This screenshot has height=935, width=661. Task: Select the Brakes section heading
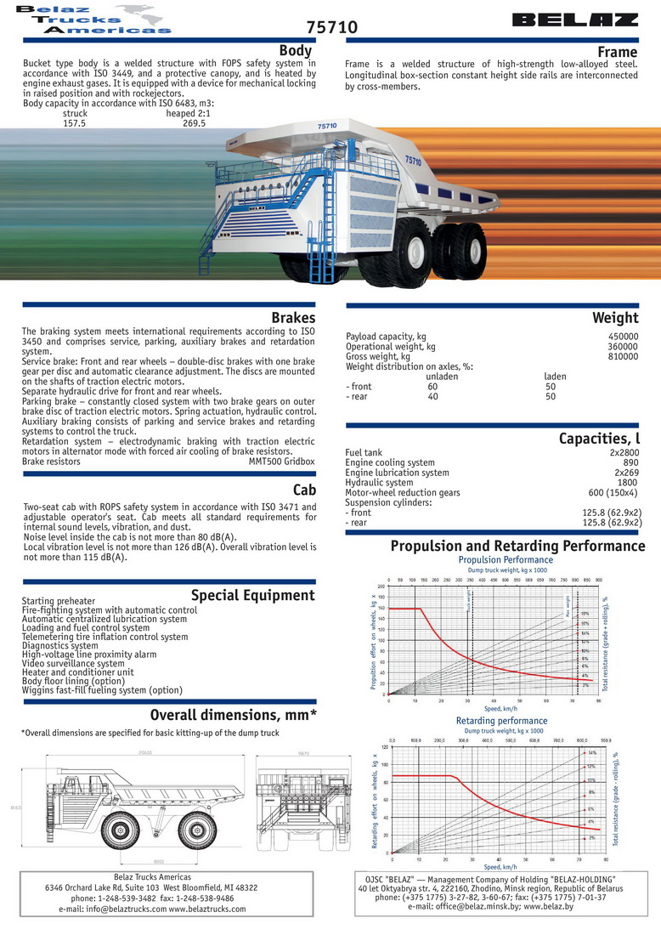[x=293, y=318]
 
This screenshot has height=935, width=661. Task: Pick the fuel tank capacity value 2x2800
[x=623, y=453]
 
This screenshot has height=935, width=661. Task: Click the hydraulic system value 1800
[x=627, y=483]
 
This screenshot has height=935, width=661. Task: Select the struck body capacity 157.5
[x=75, y=122]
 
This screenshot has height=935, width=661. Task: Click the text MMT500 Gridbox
[x=281, y=462]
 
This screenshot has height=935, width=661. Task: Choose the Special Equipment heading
[x=252, y=595]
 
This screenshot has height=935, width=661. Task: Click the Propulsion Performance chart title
[x=505, y=560]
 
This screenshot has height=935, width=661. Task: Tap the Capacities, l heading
[x=598, y=439]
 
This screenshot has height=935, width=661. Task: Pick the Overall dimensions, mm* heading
[x=233, y=714]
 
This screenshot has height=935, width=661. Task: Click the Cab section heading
[x=303, y=490]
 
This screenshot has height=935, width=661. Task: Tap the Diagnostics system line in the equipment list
[x=62, y=645]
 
